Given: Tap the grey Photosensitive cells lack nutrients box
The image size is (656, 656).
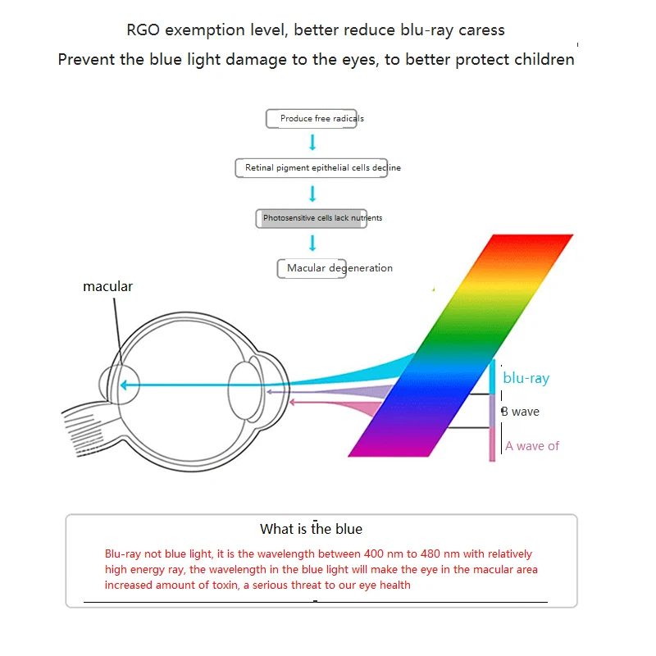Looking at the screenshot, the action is pyautogui.click(x=310, y=219).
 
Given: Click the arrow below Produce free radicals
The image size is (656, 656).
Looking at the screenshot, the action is pyautogui.click(x=312, y=143).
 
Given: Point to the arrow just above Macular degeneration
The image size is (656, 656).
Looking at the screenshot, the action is pyautogui.click(x=312, y=244).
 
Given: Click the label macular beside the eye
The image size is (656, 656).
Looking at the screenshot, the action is pyautogui.click(x=107, y=286).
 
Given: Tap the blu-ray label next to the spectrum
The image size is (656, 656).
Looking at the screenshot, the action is pyautogui.click(x=526, y=378).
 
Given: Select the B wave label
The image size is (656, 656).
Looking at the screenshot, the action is pyautogui.click(x=520, y=412).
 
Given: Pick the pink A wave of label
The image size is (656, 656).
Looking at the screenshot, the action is pyautogui.click(x=532, y=446).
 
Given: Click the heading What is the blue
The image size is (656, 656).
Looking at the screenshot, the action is pyautogui.click(x=311, y=529).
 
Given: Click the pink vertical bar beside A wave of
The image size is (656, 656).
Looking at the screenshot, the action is pyautogui.click(x=492, y=444).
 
